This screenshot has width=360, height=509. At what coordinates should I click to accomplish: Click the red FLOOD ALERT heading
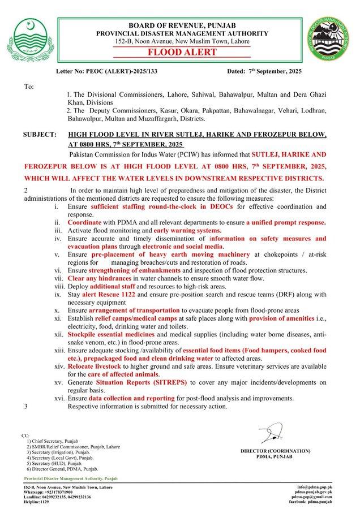179,53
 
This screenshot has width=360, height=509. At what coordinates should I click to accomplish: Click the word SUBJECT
39,135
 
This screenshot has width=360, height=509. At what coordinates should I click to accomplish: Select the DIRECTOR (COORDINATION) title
275,451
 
